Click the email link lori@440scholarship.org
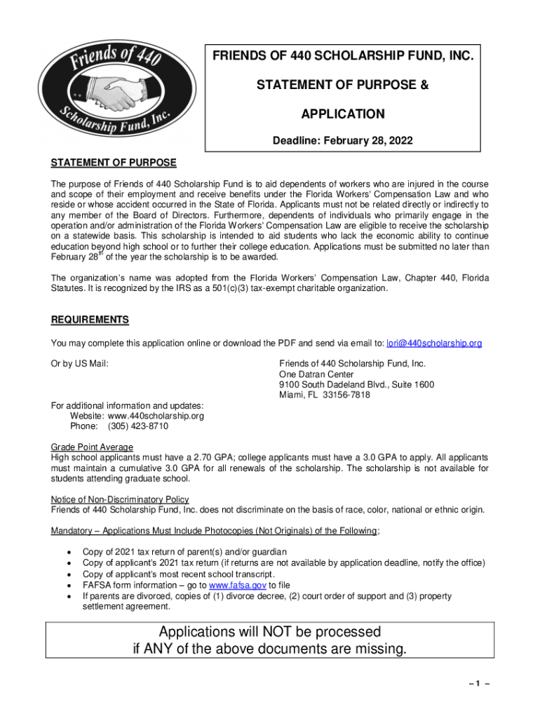434,343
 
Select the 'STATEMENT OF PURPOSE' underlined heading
114,163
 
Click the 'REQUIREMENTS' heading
90,320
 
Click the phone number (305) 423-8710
137,426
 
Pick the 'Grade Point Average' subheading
92,447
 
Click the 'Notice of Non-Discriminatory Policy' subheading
120,499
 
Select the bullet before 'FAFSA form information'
68,585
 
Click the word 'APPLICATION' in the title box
343,114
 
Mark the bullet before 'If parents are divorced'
68,597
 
